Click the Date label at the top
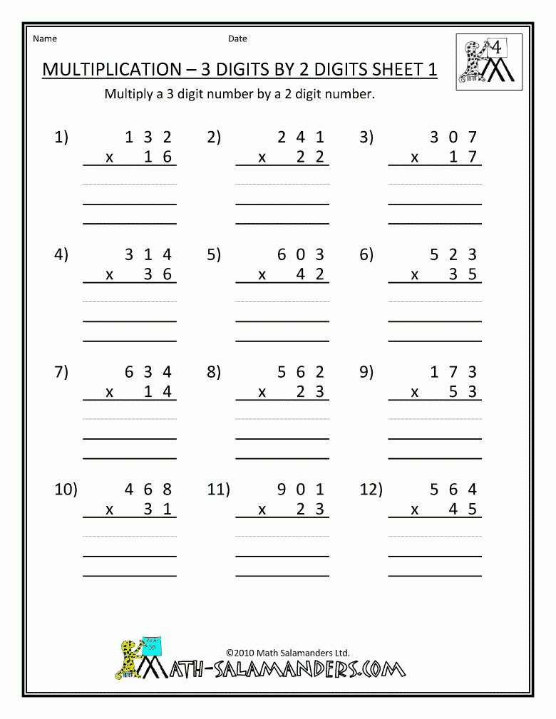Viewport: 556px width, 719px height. coord(237,38)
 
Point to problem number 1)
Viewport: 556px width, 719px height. coord(61,138)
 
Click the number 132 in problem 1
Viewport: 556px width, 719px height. coord(148,138)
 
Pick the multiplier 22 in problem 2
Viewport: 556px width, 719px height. coord(310,157)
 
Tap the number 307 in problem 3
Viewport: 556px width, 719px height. coord(453,138)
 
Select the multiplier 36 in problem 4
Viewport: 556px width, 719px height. coord(158,274)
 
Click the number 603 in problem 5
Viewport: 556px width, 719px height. coord(301,254)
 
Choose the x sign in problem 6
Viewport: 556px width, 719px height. coord(414,275)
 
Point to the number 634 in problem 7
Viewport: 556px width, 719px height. coord(148,371)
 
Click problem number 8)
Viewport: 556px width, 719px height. coord(214,371)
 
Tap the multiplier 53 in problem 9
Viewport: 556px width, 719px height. coord(463,391)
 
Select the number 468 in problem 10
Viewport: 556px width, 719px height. coord(148,489)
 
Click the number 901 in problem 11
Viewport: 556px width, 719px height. coord(301,489)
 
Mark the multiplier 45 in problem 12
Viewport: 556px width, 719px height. coord(463,509)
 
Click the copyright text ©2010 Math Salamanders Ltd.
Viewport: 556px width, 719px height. coord(287,651)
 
